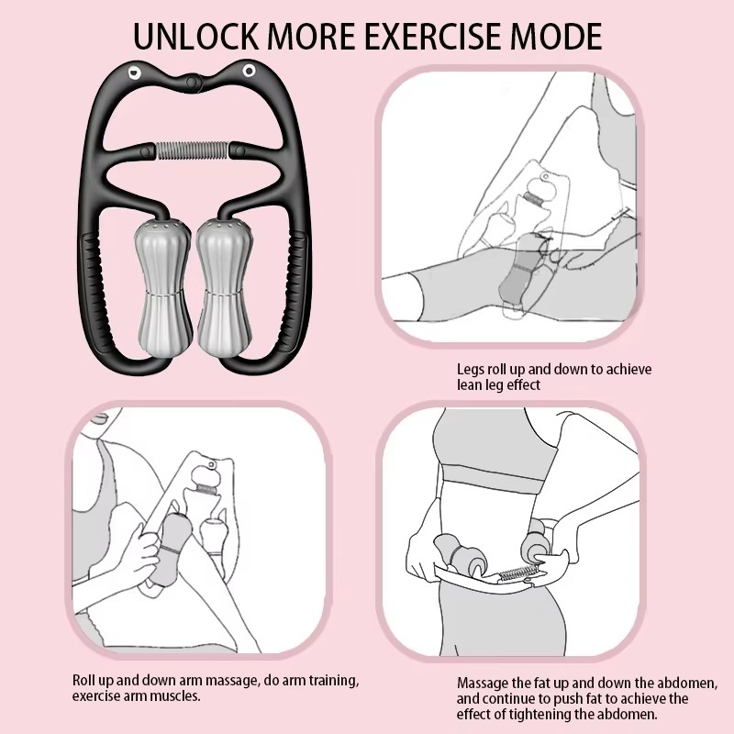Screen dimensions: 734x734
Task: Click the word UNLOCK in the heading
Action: (x=195, y=36)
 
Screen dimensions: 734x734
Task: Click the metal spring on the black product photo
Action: (x=193, y=150)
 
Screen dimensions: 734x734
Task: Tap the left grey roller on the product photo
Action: (x=163, y=287)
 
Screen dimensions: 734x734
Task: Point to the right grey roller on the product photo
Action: (x=224, y=287)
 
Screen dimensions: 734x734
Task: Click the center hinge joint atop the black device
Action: (x=192, y=83)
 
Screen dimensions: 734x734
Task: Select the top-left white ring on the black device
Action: (x=135, y=72)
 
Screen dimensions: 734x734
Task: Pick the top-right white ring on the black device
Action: (x=249, y=72)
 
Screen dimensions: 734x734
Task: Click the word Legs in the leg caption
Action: (x=471, y=370)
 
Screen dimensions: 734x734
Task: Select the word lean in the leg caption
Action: (x=469, y=384)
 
